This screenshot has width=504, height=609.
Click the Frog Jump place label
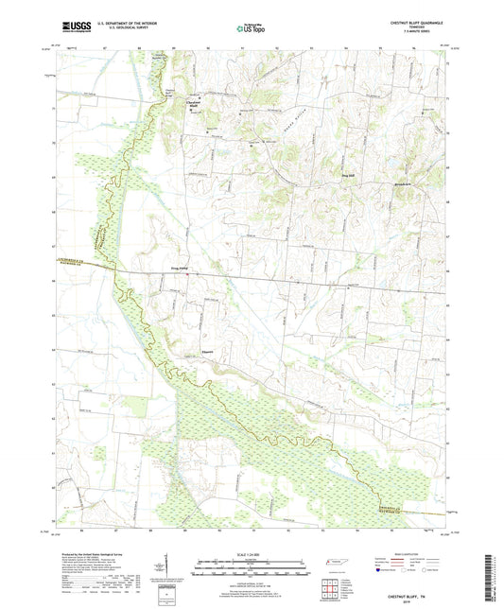(181, 269)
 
